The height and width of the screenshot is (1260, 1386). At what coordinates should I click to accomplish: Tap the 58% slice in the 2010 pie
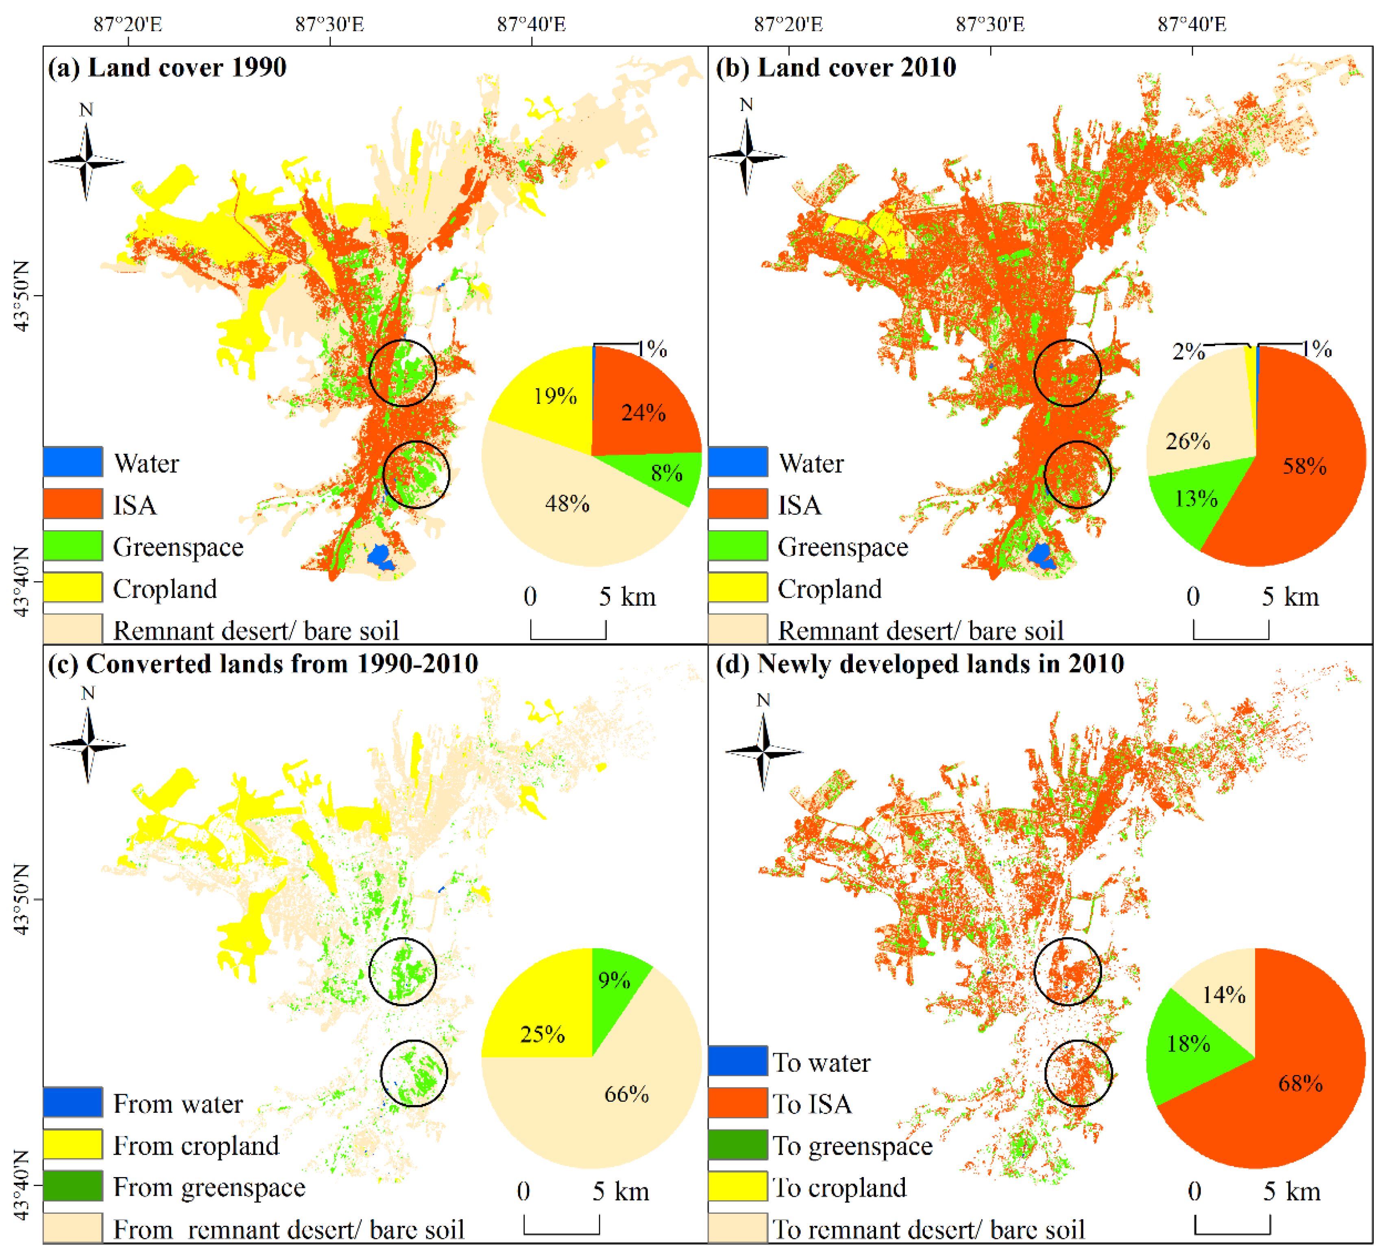tap(1303, 468)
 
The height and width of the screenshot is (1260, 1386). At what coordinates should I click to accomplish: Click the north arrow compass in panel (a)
tap(86, 161)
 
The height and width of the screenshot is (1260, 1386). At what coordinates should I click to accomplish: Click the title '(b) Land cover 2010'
tap(835, 67)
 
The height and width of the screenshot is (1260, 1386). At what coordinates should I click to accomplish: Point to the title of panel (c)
tap(263, 664)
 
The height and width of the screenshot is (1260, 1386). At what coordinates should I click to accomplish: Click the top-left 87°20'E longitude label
tap(128, 25)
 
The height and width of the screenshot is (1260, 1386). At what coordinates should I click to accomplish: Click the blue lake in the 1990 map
tap(380, 555)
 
